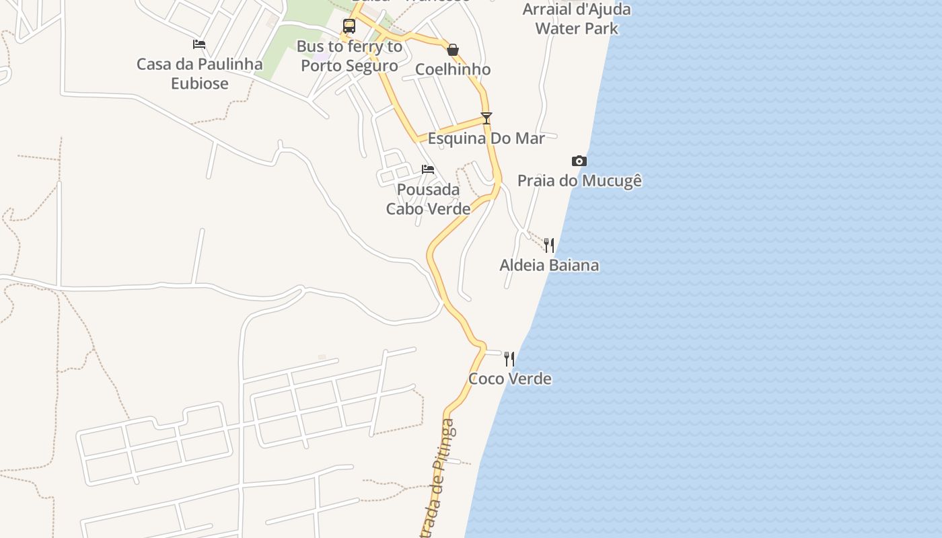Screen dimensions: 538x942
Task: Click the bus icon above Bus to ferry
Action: [349, 26]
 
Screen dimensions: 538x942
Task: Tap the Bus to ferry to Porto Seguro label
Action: [349, 56]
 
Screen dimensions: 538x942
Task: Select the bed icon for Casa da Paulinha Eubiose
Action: [199, 44]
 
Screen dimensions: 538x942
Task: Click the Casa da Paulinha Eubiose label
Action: [200, 74]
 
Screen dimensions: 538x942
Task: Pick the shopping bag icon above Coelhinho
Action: [453, 50]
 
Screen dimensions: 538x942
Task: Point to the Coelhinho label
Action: [453, 69]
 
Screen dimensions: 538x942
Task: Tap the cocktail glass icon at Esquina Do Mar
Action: [486, 118]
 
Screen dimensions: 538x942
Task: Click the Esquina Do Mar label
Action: [486, 139]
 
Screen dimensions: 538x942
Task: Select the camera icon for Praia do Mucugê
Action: [579, 161]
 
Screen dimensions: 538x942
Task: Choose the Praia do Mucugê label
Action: [579, 181]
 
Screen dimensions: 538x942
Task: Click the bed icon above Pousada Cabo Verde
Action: [428, 169]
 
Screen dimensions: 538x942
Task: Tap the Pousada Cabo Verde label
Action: [428, 199]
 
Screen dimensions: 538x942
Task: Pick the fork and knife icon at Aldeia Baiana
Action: [549, 245]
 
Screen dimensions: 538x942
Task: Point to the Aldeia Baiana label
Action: [549, 265]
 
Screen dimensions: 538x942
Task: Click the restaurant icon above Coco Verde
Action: [509, 359]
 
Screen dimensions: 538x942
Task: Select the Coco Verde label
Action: [510, 379]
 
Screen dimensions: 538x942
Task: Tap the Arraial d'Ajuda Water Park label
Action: [577, 19]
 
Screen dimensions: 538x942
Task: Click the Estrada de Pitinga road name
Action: [439, 477]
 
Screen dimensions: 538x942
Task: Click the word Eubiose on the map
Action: [200, 83]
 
